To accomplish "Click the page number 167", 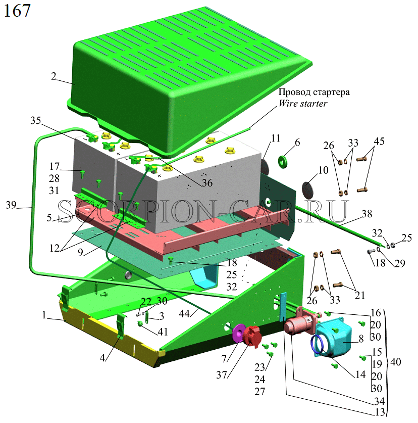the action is click(17, 11).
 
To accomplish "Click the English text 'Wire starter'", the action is click(303, 103).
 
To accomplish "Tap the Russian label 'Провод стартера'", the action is click(314, 92).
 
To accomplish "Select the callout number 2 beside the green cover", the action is click(54, 76).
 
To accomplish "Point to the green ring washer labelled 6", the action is click(282, 161).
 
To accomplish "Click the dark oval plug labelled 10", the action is click(308, 189).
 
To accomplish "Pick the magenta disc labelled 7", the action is click(238, 334).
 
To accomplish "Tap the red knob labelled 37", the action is click(252, 336).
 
